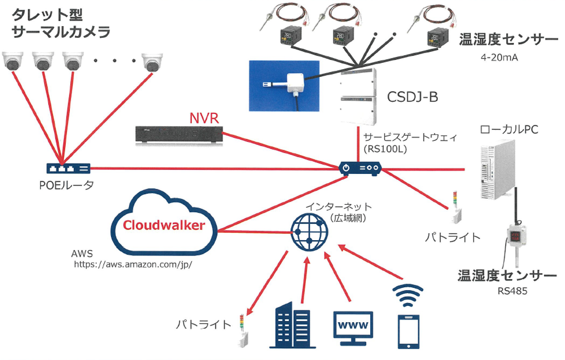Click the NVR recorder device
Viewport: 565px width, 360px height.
coord(179,135)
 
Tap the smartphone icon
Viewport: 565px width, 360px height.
coord(408,331)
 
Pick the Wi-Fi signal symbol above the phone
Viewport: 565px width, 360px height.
coord(408,294)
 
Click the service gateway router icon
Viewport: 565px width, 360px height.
coord(360,168)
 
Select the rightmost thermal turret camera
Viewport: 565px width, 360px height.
coord(152,62)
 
